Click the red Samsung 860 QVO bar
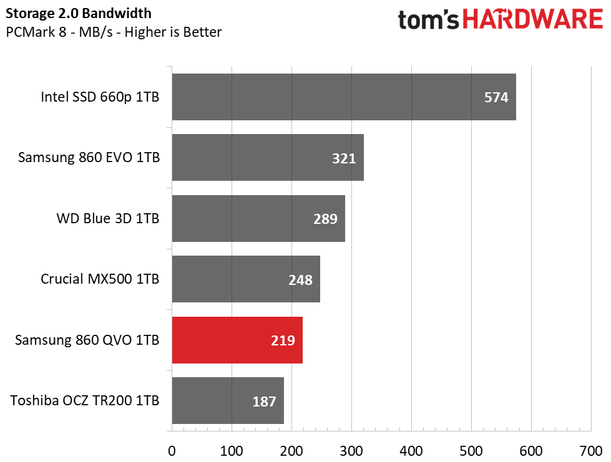pyautogui.click(x=237, y=340)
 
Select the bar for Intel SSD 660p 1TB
pyautogui.click(x=344, y=97)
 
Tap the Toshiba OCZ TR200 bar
pyautogui.click(x=228, y=400)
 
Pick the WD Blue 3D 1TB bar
pyautogui.click(x=258, y=218)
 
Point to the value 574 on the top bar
pyautogui.click(x=496, y=97)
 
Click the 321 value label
pyautogui.click(x=344, y=158)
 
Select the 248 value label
pyautogui.click(x=300, y=280)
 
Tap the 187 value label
pyautogui.click(x=264, y=402)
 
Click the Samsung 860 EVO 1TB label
pyautogui.click(x=89, y=157)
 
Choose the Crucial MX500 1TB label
pyautogui.click(x=100, y=279)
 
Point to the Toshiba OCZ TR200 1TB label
pyautogui.click(x=84, y=400)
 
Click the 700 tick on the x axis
pyautogui.click(x=591, y=451)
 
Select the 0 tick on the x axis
pyautogui.click(x=172, y=451)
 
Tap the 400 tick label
pyautogui.click(x=411, y=451)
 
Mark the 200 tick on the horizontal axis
pyautogui.click(x=291, y=451)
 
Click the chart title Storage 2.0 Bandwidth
pyautogui.click(x=78, y=14)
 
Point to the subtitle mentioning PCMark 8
pyautogui.click(x=114, y=32)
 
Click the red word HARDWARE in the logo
pyautogui.click(x=533, y=19)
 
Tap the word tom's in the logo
pyautogui.click(x=429, y=20)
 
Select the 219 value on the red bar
pyautogui.click(x=283, y=340)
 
